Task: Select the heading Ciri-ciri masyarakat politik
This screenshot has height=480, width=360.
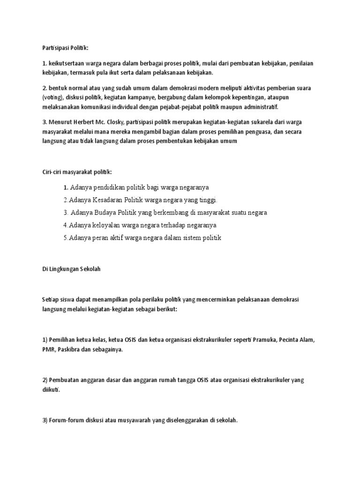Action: [x=74, y=172]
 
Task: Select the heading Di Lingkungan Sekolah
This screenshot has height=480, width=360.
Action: [x=68, y=269]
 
